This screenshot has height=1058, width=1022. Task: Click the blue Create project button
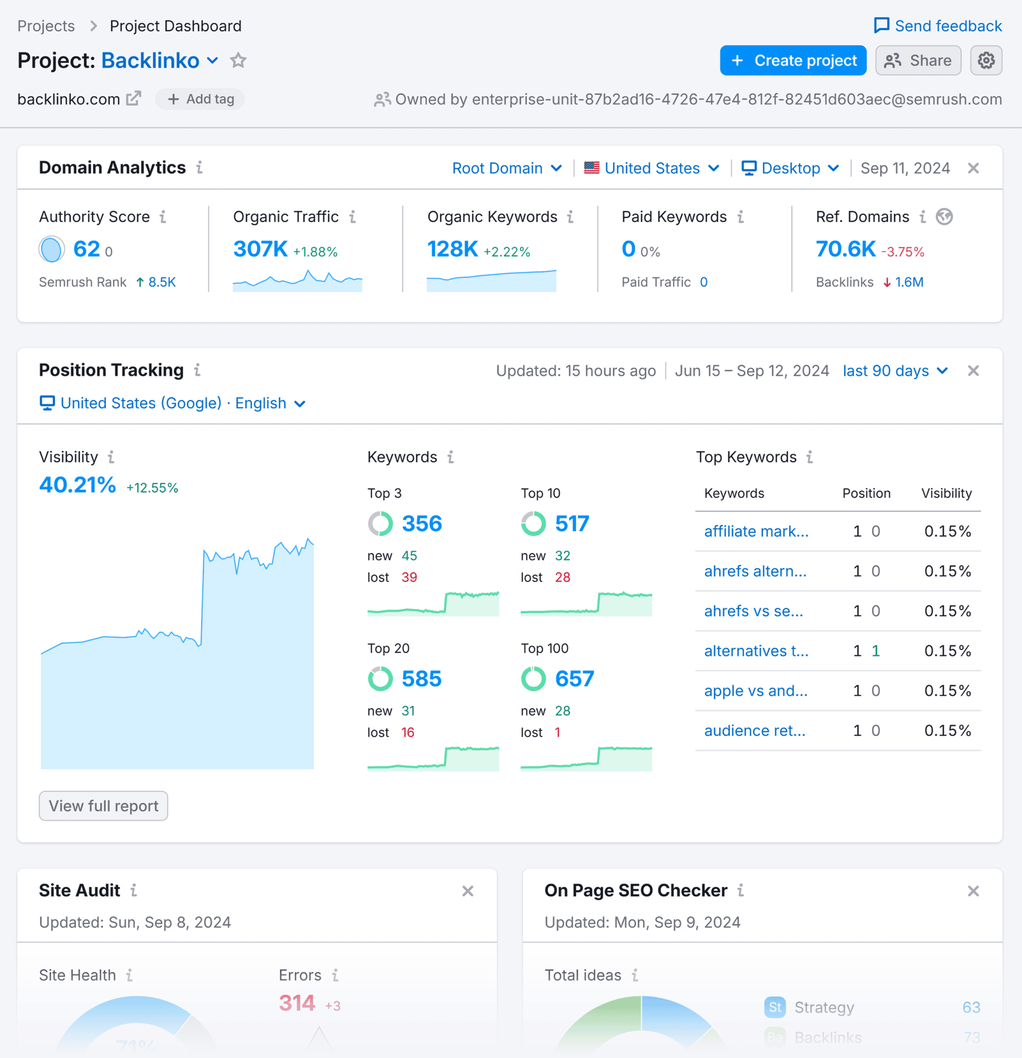pos(793,61)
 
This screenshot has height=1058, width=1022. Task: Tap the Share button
pos(918,61)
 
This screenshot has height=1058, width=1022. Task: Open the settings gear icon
pos(986,61)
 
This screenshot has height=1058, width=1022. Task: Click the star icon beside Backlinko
pos(238,61)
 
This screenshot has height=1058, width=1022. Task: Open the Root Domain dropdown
pos(507,169)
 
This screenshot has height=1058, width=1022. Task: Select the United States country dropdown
pos(652,169)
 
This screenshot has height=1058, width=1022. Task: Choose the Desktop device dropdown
pos(790,169)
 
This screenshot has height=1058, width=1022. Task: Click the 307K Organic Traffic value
pos(260,249)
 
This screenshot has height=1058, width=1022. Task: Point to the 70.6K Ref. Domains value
pos(845,249)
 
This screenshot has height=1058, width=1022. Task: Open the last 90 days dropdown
pos(895,371)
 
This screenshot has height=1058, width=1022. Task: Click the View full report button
pos(103,806)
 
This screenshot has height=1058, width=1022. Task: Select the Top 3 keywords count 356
pos(422,523)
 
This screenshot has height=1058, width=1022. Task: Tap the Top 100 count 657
pos(575,679)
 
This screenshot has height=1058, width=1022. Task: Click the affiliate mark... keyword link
pos(756,531)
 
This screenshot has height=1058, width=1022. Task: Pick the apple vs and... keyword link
pos(755,690)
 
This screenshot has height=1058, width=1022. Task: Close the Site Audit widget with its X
pos(468,890)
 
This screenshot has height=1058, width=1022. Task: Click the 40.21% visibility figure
pos(78,485)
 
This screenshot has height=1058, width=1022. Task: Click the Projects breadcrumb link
pos(46,26)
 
